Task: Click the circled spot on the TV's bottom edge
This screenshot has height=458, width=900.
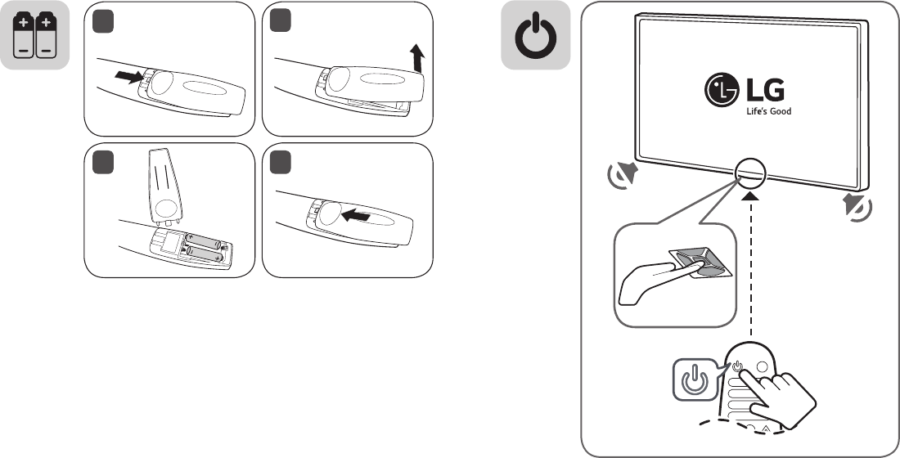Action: [750, 170]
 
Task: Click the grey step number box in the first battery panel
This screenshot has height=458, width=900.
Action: [99, 19]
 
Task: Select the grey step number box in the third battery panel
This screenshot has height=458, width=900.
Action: [99, 160]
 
